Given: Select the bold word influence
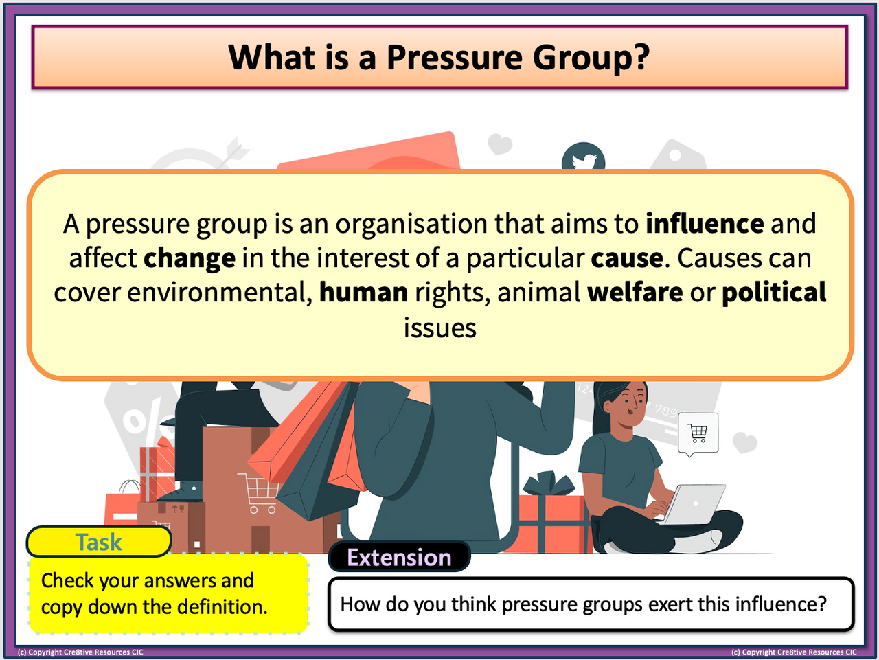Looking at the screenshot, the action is coord(705,223).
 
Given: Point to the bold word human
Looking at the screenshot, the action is coord(363,293).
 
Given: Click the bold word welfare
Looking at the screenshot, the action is coord(635,292).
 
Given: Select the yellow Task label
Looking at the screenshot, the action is coord(99,542).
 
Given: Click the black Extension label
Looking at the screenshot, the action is coord(399,557).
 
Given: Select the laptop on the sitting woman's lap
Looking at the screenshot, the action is coord(695,504).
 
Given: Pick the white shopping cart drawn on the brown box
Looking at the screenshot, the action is coord(258,492).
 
